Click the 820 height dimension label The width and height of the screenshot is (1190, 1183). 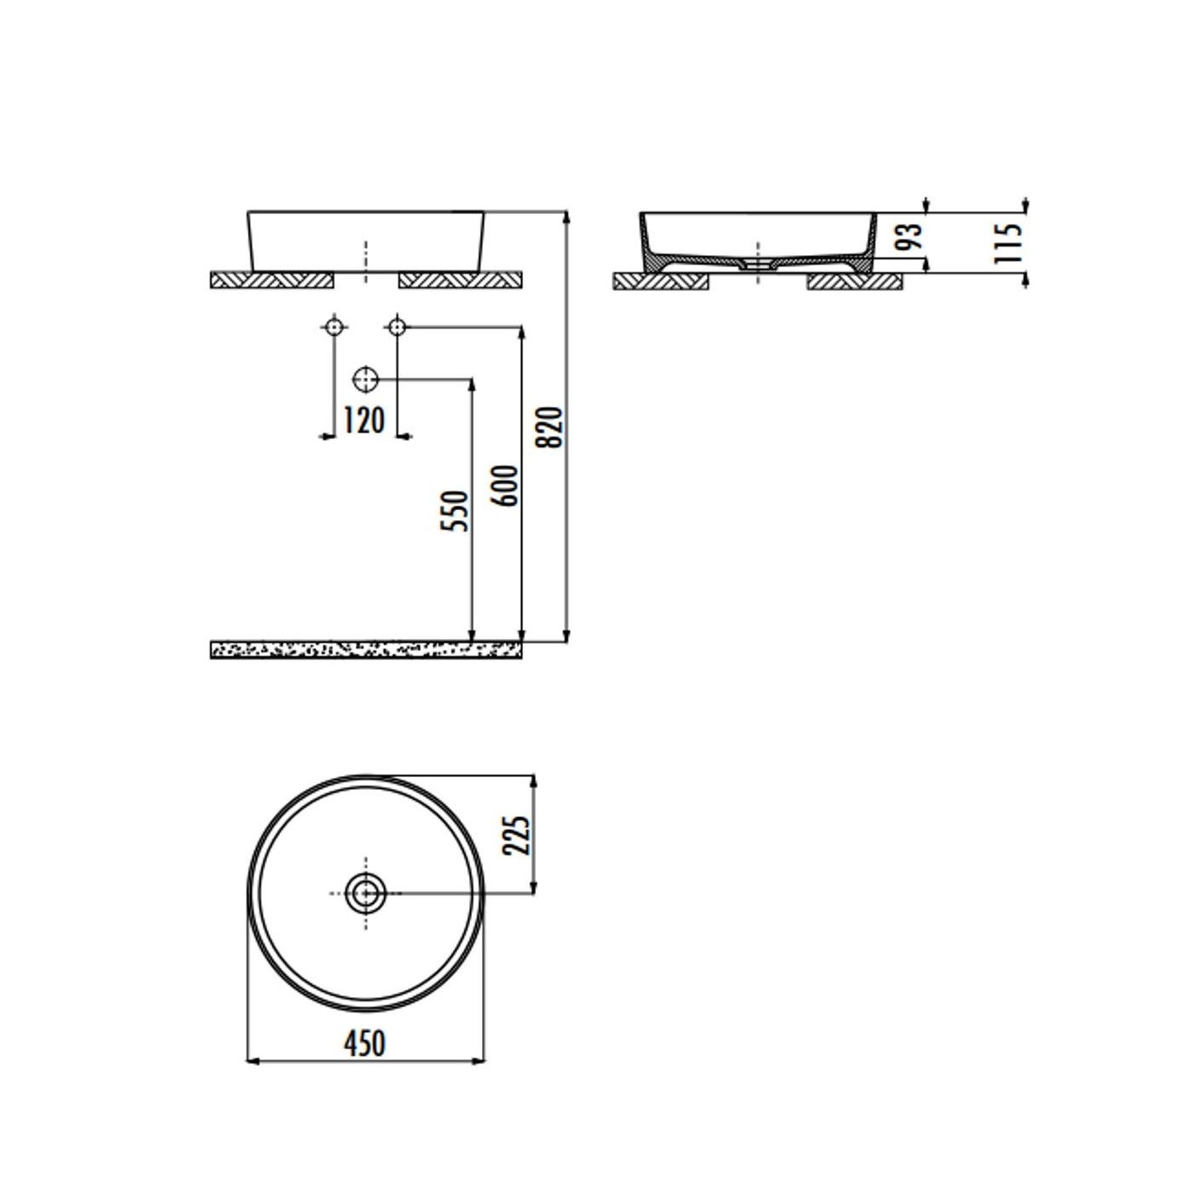553,426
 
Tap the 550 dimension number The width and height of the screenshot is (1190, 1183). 456,511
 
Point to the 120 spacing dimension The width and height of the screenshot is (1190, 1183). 363,420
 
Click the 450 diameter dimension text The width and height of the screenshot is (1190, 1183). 364,1042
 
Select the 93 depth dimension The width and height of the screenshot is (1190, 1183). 911,236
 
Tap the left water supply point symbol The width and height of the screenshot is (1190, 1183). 334,327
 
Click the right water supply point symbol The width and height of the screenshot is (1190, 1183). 396,327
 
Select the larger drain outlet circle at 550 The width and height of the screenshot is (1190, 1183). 365,379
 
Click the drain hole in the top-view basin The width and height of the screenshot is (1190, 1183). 366,894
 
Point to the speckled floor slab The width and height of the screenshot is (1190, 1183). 366,651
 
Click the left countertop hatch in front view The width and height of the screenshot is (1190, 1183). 272,280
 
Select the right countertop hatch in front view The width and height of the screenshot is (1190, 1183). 460,280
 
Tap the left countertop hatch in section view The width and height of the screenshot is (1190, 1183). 661,281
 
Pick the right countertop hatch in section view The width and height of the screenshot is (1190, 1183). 854,281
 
